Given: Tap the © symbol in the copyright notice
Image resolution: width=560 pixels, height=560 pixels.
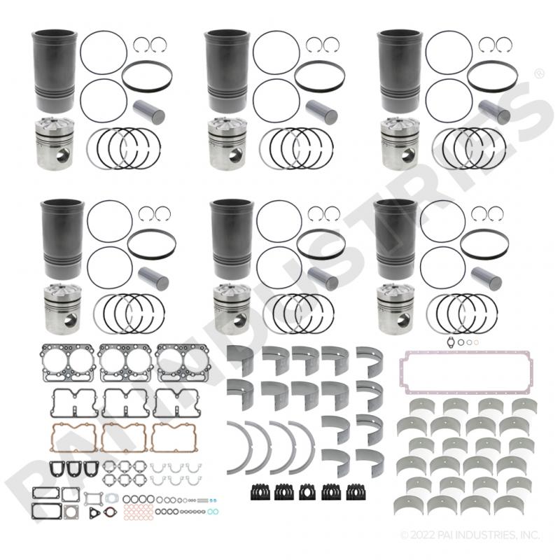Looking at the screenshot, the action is coord(404,535).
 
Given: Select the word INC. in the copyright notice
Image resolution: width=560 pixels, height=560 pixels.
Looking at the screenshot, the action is coord(530,535).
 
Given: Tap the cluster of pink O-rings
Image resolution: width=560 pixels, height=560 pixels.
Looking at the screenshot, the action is coord(138,512).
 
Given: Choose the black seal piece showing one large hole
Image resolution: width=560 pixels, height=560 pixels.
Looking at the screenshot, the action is coord(307,492).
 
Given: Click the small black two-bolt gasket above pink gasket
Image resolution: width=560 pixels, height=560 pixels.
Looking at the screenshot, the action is coord(452,342).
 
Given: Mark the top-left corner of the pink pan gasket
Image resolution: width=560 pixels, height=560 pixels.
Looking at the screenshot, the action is coord(400,352).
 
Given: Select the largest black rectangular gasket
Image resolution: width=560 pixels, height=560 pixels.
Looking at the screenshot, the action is coord(46,511).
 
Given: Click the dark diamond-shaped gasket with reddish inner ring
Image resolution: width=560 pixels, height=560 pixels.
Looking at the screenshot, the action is coord(111,512).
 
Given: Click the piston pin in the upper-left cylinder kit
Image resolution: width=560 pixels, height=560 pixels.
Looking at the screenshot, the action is coord(149,111).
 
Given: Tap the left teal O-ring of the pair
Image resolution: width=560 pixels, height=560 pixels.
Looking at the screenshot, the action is coord(211,512).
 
